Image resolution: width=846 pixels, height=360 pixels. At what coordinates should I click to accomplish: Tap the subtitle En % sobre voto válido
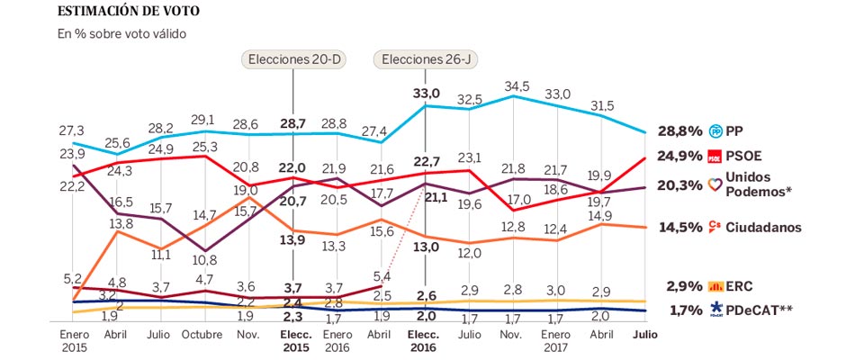(x=121, y=34)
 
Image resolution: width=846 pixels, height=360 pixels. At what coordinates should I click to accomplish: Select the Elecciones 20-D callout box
(x=295, y=59)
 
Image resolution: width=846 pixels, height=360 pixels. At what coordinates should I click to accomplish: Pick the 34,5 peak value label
(x=517, y=86)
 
